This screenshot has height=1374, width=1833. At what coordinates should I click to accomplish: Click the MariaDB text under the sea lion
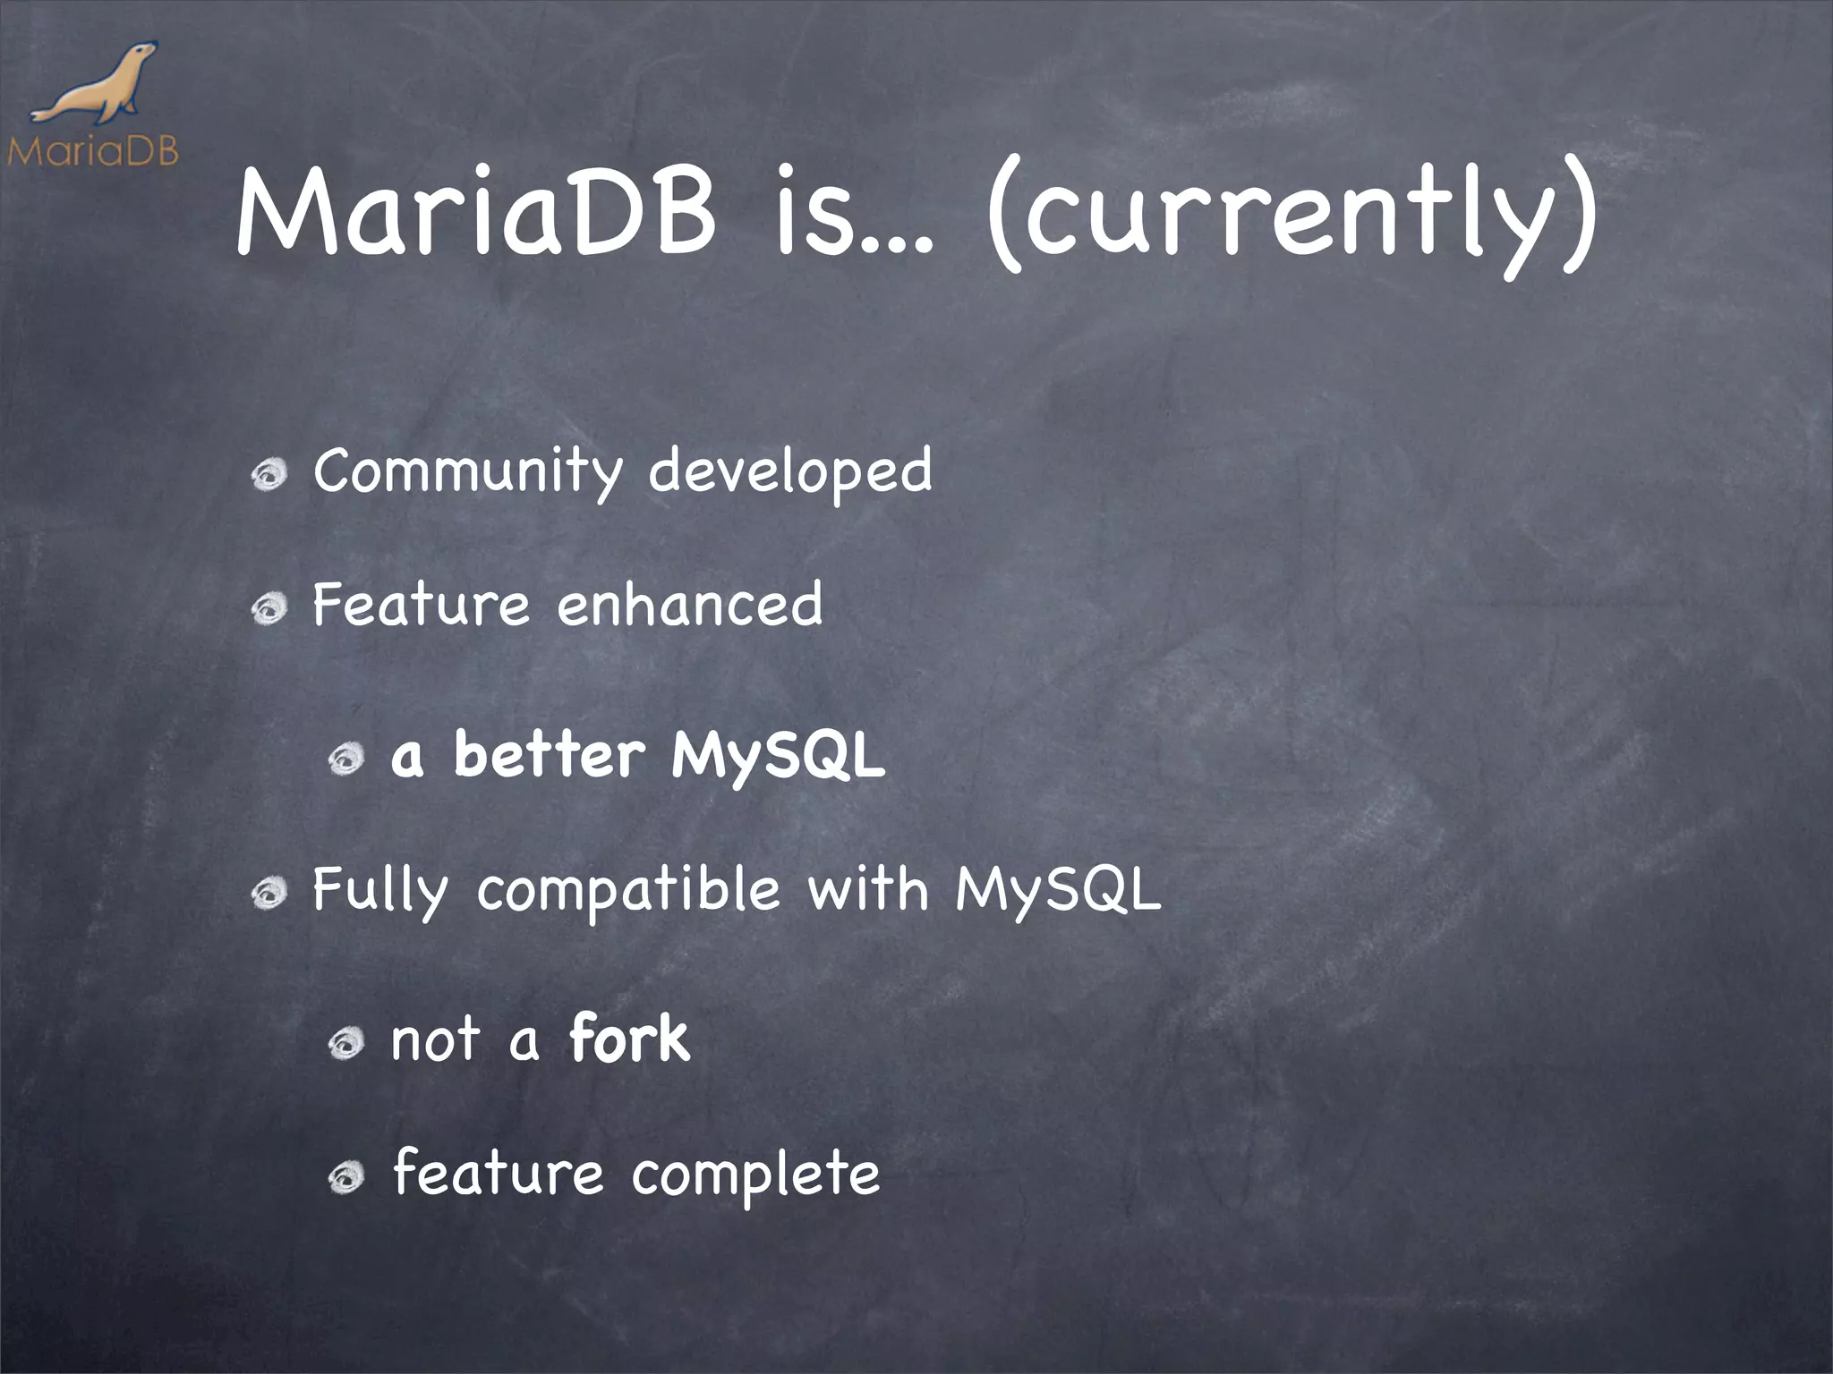92,151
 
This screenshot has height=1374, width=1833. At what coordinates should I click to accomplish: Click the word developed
789,471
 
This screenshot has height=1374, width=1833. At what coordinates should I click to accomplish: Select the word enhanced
689,605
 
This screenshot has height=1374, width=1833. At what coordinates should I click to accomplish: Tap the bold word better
549,756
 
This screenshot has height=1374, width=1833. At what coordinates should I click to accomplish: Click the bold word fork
629,1039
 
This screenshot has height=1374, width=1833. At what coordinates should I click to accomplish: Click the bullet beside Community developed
269,474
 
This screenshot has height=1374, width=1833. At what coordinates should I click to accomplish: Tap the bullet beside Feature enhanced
269,609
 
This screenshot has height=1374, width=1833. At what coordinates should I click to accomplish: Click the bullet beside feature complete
346,1178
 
